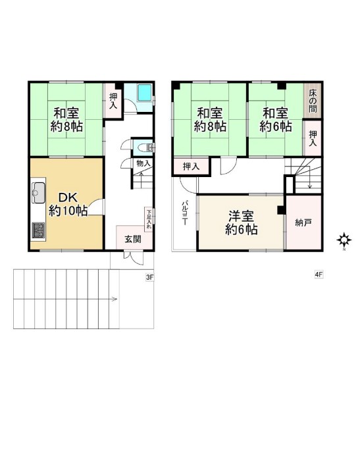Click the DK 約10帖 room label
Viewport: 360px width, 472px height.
tap(68, 205)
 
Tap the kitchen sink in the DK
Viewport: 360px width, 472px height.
tap(38, 192)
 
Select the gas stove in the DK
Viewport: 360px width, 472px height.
tap(38, 230)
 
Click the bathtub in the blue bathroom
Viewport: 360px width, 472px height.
tap(145, 92)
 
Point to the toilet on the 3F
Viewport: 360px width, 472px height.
tap(145, 147)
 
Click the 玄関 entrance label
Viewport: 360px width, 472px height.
tap(133, 239)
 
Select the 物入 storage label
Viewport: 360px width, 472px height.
tap(143, 163)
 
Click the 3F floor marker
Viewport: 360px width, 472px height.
tap(149, 277)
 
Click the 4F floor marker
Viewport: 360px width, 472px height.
tap(319, 275)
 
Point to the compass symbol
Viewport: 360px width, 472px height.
tap(344, 240)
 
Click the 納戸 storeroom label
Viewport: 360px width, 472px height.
tap(303, 223)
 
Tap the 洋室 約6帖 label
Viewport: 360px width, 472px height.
tap(241, 223)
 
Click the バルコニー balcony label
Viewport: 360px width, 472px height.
tap(184, 213)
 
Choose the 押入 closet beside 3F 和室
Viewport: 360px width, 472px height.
tap(113, 101)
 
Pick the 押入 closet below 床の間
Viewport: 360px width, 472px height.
tap(313, 138)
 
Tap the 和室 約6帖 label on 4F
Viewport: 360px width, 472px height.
tap(275, 120)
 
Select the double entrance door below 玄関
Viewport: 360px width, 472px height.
tap(132, 257)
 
